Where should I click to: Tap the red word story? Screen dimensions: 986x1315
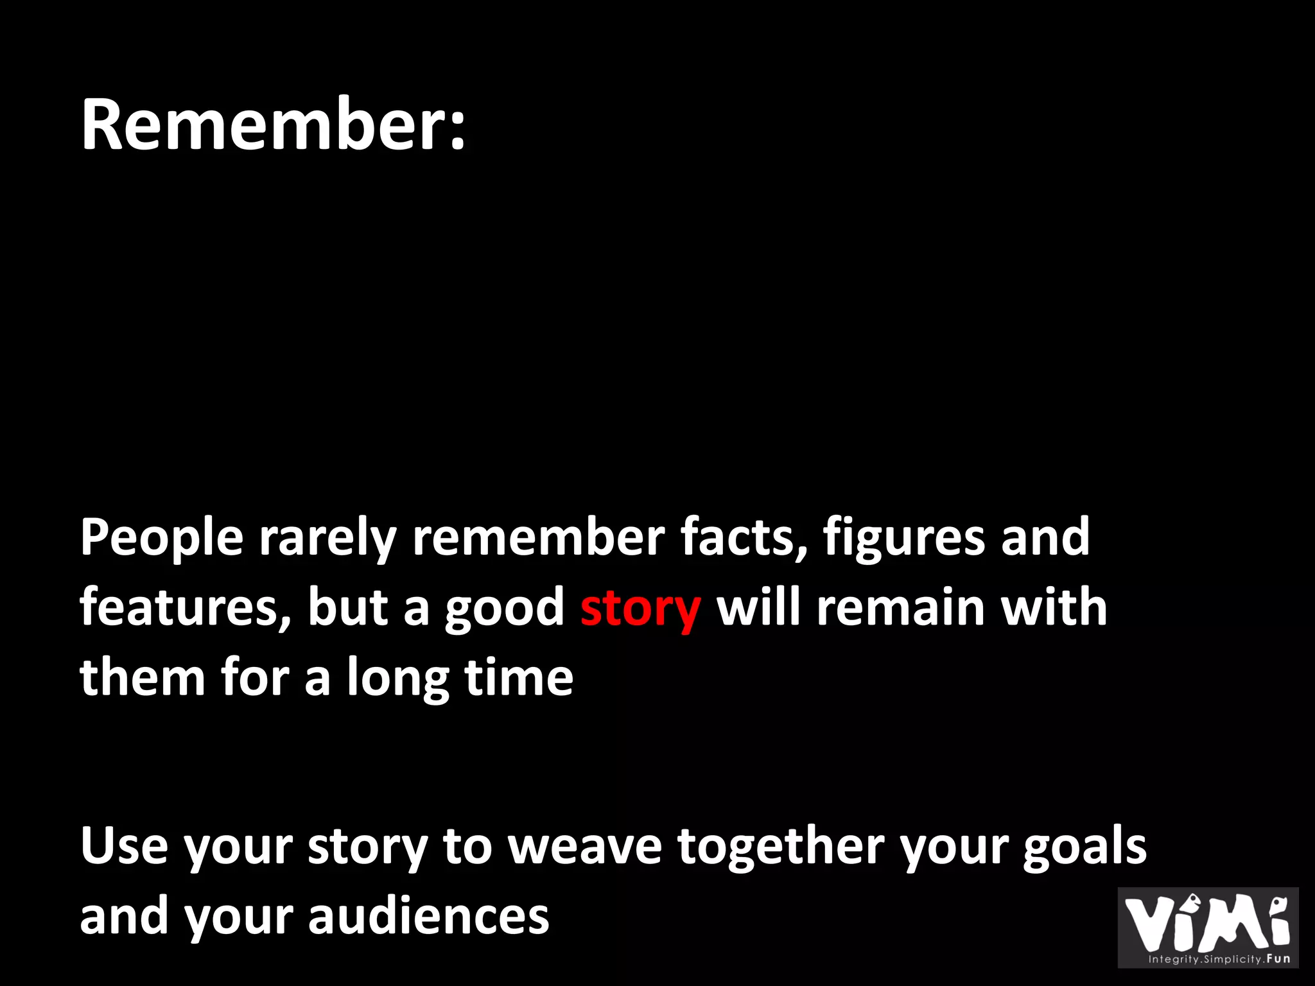[640, 608]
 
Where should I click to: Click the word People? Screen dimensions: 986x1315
[162, 538]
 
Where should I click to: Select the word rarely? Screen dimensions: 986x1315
[327, 538]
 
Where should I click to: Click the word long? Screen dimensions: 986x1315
[398, 679]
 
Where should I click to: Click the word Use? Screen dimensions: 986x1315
[124, 846]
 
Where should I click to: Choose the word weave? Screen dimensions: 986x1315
[585, 846]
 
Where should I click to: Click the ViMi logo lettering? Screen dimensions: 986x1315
[1207, 922]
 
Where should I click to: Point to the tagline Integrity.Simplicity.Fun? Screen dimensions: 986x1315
[1219, 959]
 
